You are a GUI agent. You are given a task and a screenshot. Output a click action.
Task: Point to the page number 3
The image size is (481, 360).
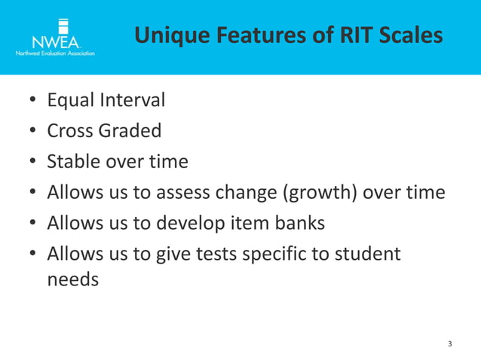450,344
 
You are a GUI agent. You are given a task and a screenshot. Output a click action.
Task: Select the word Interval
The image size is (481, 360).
136,99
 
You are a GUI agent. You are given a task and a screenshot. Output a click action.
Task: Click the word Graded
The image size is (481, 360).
133,131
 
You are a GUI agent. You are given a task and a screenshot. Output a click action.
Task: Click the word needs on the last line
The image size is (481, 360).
73,280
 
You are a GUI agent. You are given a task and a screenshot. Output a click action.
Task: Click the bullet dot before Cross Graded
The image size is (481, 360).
33,132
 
